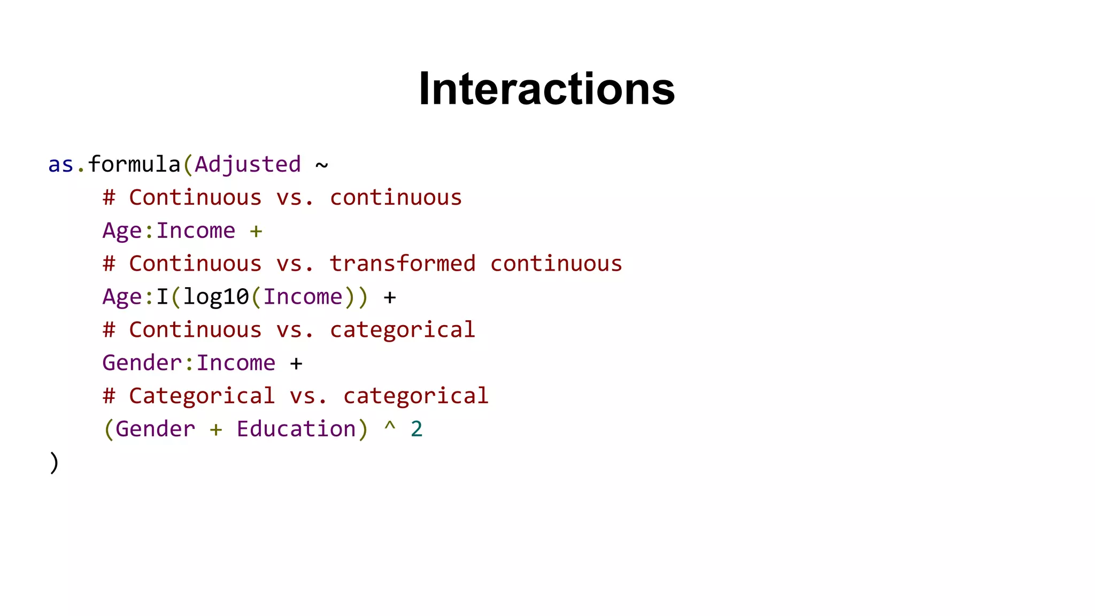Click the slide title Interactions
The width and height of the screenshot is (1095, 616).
[546, 89]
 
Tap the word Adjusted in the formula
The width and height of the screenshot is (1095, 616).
[248, 165]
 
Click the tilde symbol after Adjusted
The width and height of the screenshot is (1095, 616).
[321, 165]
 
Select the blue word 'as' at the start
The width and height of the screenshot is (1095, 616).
[60, 165]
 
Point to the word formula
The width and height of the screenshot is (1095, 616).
[134, 165]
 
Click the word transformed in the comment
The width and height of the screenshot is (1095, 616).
[402, 264]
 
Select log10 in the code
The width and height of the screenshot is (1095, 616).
[216, 297]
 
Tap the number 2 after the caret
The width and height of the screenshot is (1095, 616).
[417, 429]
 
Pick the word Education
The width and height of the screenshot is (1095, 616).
[296, 429]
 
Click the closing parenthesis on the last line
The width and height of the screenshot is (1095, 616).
[54, 463]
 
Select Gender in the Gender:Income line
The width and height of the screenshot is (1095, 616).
[142, 363]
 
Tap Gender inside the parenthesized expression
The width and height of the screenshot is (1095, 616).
[156, 429]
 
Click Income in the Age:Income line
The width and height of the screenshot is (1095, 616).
[196, 231]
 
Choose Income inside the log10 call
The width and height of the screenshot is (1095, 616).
[303, 297]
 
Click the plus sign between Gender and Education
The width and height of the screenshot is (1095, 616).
[216, 429]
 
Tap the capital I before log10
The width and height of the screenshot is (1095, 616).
[162, 297]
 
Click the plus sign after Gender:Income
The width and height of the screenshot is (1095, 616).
[296, 364]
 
